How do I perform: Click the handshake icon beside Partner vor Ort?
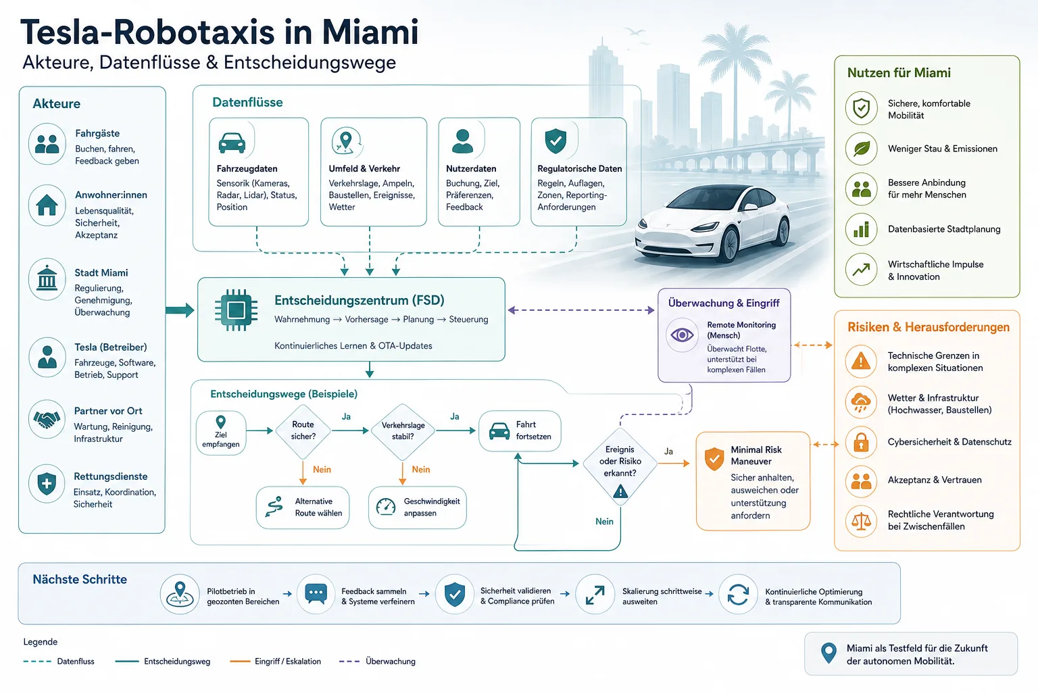click(x=47, y=420)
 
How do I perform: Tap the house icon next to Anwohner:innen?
click(x=47, y=205)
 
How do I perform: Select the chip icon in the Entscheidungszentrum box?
click(x=237, y=310)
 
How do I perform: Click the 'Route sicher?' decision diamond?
click(x=303, y=430)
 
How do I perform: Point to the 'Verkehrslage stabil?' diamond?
click(x=403, y=430)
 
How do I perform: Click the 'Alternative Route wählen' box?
click(x=303, y=508)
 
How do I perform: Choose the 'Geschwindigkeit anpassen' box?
click(x=418, y=508)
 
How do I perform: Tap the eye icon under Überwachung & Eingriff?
click(x=682, y=335)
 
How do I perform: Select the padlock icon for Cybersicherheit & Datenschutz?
click(x=861, y=442)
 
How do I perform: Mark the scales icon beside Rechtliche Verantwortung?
click(x=861, y=521)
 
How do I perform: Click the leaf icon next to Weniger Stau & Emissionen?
click(x=862, y=149)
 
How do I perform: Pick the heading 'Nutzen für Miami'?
click(x=899, y=73)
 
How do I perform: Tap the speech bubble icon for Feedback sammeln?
click(x=316, y=593)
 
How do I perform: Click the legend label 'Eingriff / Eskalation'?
click(x=288, y=662)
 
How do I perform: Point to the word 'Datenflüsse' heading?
click(x=247, y=103)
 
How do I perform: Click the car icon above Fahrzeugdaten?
click(x=232, y=143)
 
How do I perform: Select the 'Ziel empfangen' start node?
click(x=221, y=433)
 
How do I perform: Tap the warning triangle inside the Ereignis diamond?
click(x=620, y=491)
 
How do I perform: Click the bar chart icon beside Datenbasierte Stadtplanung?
click(x=861, y=229)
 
